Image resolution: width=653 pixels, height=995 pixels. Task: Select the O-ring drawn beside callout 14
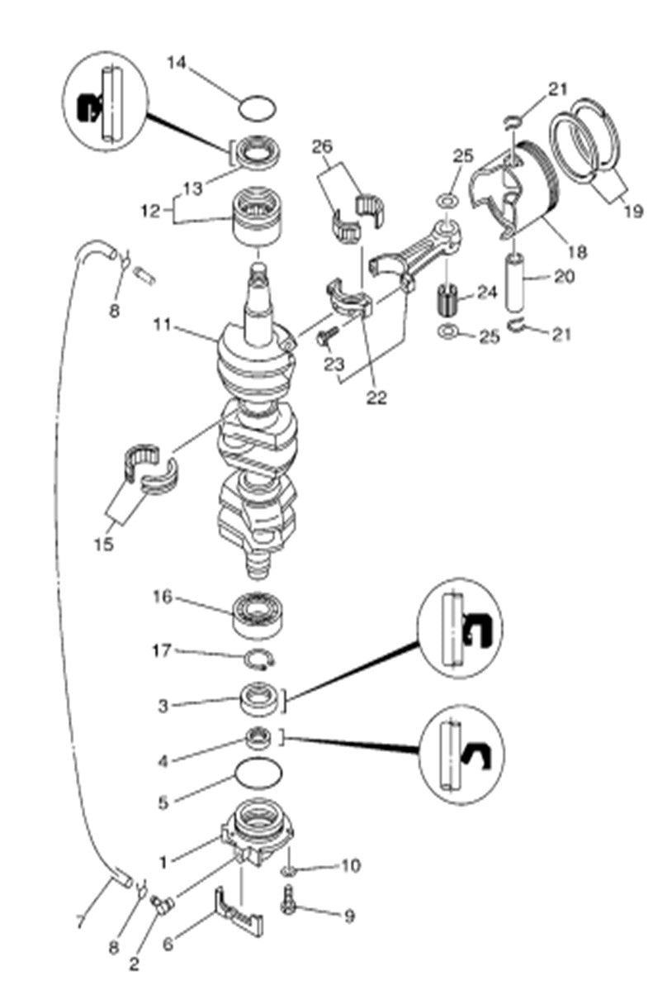tap(256, 107)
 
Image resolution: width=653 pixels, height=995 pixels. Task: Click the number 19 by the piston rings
tap(633, 212)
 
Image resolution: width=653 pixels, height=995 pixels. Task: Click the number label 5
tap(163, 801)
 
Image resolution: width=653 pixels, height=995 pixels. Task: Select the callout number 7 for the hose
tap(79, 921)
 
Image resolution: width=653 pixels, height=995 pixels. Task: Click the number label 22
tap(376, 398)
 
